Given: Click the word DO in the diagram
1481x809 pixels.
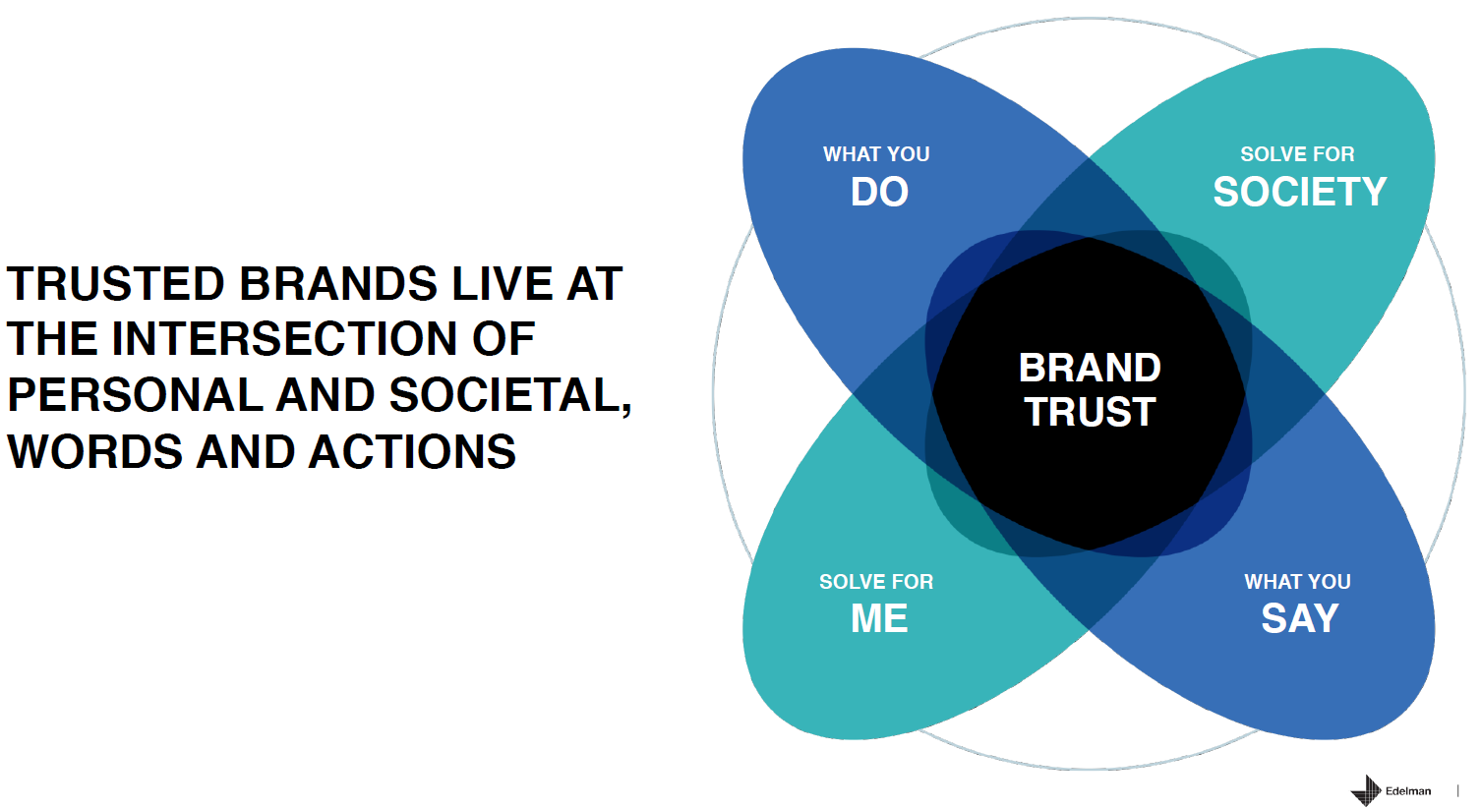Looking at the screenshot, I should [879, 192].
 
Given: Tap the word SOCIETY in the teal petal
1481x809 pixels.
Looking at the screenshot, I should [1299, 192].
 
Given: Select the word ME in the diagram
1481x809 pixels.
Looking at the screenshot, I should [879, 618].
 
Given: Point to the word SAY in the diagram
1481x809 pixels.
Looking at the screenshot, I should [1299, 618].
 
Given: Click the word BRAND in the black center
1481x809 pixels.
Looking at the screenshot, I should [1090, 368].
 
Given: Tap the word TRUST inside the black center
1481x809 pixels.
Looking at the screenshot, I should [1090, 412].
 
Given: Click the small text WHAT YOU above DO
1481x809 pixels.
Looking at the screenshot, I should [876, 154].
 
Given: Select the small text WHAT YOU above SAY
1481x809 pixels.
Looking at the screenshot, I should [1297, 582].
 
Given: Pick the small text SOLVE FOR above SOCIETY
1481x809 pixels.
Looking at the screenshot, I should [1297, 154].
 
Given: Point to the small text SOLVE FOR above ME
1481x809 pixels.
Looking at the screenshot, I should [876, 582].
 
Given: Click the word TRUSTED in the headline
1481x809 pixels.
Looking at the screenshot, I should [116, 284].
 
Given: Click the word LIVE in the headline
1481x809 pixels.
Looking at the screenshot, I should [502, 284].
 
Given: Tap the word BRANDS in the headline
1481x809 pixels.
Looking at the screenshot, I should [338, 284].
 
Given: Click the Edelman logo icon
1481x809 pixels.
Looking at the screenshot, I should [1366, 790].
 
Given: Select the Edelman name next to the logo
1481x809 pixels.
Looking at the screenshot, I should [1408, 791].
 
